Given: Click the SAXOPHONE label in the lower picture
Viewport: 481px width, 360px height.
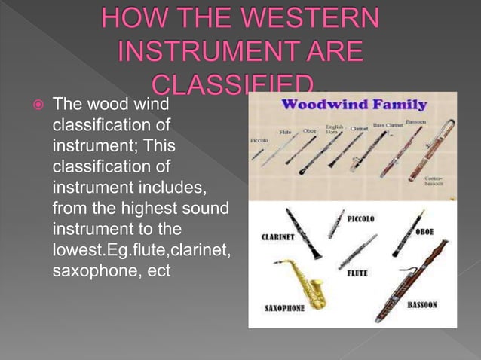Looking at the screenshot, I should pos(285,308).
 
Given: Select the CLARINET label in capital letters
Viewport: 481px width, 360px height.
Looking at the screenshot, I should pos(278,236).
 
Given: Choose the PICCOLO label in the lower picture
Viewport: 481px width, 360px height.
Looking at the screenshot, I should pos(361,218).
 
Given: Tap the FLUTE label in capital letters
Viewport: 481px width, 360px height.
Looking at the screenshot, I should pos(357,273).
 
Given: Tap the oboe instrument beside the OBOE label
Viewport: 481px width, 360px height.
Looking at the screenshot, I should pos(403,233).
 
